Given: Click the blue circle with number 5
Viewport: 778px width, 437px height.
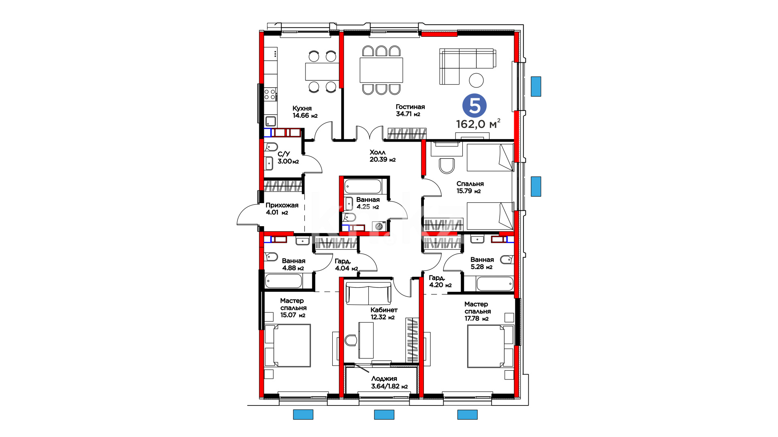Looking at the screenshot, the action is click(x=474, y=106).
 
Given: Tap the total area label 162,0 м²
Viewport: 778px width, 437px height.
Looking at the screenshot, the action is click(x=478, y=124).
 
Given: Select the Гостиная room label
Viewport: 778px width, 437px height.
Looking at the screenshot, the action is click(x=410, y=107).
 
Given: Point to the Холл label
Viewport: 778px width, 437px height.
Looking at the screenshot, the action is click(x=378, y=153).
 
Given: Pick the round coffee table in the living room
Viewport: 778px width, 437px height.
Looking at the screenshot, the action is click(x=477, y=80).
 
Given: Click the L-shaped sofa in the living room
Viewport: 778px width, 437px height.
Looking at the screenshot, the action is click(x=467, y=66).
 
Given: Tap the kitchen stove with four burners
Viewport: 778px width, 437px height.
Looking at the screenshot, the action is click(x=270, y=95).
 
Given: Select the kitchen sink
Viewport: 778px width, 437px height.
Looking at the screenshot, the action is click(x=270, y=121).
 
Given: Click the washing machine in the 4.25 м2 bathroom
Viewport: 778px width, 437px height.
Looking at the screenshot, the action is click(x=380, y=227).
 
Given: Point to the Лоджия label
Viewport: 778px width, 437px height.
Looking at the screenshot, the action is click(x=384, y=379).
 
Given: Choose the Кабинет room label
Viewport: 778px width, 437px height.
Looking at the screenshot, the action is click(x=384, y=310).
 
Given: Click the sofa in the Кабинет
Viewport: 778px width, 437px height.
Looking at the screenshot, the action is click(x=368, y=293).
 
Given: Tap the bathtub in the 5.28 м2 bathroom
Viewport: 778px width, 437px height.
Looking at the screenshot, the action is click(x=489, y=283).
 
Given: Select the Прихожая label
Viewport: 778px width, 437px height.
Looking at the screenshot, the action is click(x=282, y=205).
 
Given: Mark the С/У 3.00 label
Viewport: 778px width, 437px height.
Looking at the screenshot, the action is click(x=288, y=158).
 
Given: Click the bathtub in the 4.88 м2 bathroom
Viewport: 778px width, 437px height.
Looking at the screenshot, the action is click(x=284, y=281).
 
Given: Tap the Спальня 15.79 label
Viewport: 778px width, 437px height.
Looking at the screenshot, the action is click(x=470, y=187).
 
